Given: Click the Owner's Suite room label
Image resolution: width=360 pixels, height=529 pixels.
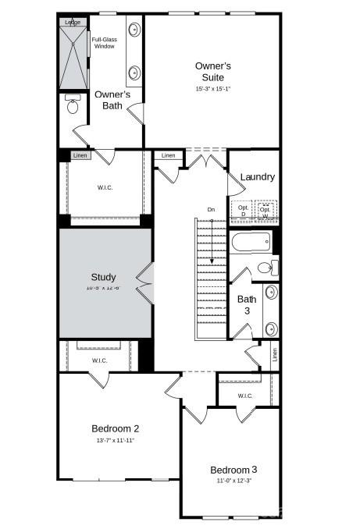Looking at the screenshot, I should (x=212, y=71).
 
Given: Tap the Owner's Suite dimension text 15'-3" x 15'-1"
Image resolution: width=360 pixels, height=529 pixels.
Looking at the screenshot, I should (x=212, y=89).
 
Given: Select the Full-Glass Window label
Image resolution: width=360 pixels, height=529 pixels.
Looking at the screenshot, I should (x=104, y=43).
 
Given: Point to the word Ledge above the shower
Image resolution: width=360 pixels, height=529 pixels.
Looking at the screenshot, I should (x=73, y=22).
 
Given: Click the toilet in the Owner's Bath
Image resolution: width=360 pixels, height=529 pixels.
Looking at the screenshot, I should (x=73, y=106).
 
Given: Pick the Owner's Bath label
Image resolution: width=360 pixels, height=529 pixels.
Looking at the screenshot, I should (x=112, y=100).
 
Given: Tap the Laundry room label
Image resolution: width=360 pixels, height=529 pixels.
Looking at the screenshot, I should (x=257, y=177).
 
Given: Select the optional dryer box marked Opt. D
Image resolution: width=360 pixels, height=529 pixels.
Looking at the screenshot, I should (x=243, y=211).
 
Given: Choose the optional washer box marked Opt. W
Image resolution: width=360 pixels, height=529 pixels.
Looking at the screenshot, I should (x=266, y=211).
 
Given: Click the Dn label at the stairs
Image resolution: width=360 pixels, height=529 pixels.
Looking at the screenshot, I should (x=211, y=209).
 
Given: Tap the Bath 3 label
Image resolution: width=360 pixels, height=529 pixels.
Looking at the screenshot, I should (x=247, y=304).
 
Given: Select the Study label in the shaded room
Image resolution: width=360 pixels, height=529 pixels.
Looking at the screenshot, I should (x=103, y=277).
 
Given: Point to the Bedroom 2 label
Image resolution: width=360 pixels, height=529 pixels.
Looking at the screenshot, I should (x=115, y=428).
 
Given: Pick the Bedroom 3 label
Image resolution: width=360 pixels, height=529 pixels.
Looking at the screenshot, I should (x=233, y=470).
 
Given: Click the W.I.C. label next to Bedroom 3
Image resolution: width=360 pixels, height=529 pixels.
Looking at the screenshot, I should (x=245, y=396).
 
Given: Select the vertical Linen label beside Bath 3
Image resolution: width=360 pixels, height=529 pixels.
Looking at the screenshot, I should (x=274, y=354).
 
